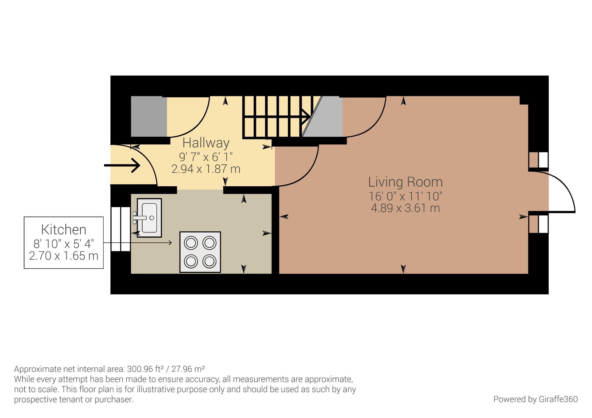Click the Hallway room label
pyautogui.click(x=206, y=143)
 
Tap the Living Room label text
pyautogui.click(x=405, y=182)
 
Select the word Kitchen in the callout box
pyautogui.click(x=64, y=230)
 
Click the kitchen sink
pyautogui.click(x=149, y=218)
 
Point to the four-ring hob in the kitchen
pyautogui.click(x=200, y=252)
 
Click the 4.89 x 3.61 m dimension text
pyautogui.click(x=405, y=208)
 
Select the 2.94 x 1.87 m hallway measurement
pyautogui.click(x=206, y=169)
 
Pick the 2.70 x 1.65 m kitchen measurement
pyautogui.click(x=64, y=256)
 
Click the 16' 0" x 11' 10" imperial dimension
pyautogui.click(x=405, y=196)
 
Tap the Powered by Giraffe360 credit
pyautogui.click(x=535, y=399)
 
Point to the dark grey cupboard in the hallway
pyautogui.click(x=149, y=116)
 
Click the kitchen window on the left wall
pyautogui.click(x=121, y=229)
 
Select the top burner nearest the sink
pyautogui.click(x=191, y=243)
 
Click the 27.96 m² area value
pyautogui.click(x=188, y=369)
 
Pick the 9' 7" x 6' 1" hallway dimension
pyautogui.click(x=206, y=157)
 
